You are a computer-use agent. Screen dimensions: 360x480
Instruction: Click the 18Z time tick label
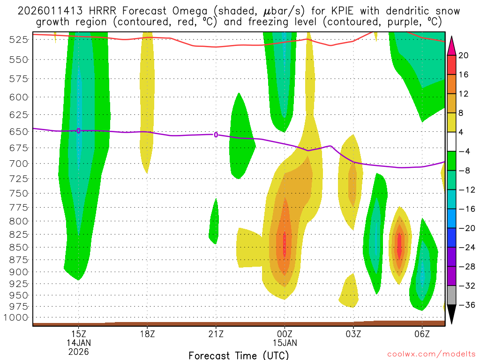pyautogui.click(x=147, y=333)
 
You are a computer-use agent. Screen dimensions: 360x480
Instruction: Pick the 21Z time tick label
pyautogui.click(x=216, y=333)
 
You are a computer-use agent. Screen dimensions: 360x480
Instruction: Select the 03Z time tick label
pyautogui.click(x=353, y=333)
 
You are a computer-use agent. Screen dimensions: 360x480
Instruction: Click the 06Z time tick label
pyautogui.click(x=422, y=333)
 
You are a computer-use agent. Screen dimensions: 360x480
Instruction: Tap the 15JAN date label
pyautogui.click(x=285, y=343)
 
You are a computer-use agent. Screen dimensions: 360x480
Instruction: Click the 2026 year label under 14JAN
pyautogui.click(x=79, y=352)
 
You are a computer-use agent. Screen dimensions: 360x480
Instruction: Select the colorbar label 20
pyautogui.click(x=464, y=55)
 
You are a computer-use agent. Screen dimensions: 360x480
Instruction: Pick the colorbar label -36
pyautogui.click(x=465, y=305)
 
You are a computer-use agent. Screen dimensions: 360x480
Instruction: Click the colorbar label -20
pyautogui.click(x=465, y=228)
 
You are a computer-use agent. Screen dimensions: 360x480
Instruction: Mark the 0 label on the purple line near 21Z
pyautogui.click(x=216, y=135)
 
